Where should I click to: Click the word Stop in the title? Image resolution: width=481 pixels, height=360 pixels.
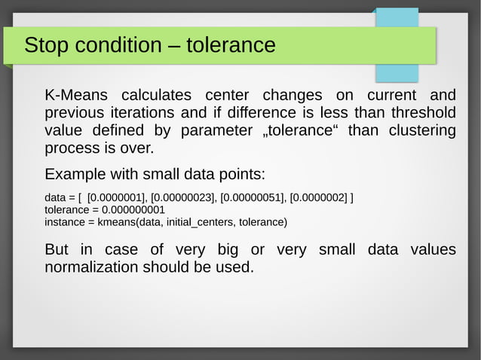44,45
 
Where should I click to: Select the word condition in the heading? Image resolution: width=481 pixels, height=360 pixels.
111,45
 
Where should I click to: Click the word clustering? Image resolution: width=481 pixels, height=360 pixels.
422,131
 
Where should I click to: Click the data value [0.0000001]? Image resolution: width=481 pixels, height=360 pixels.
117,198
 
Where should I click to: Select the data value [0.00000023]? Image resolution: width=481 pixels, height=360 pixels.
184,198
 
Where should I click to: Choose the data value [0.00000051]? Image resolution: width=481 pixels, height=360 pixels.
253,198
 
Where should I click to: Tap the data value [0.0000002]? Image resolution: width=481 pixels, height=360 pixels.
319,198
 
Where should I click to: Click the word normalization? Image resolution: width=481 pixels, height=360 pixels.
92,267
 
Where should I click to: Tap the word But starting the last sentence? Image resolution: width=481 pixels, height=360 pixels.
57,249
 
